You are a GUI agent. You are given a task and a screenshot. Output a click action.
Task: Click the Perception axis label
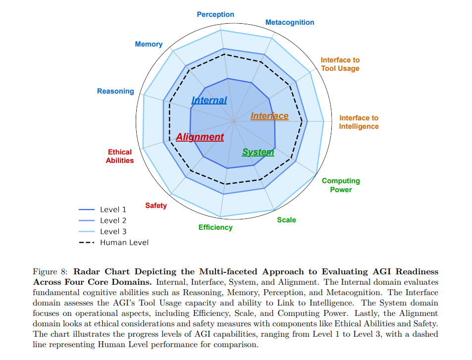[215, 14]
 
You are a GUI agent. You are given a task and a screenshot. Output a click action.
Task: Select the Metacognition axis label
[290, 22]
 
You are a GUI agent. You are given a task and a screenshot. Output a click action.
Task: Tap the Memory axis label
[149, 44]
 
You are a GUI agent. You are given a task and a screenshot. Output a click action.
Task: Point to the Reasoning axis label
[115, 91]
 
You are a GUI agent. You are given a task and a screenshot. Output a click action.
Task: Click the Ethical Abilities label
[119, 156]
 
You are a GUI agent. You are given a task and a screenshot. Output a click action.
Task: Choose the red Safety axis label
[156, 206]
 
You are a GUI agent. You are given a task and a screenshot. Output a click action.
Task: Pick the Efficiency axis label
[215, 227]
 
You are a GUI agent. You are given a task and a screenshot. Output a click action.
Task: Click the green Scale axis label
[286, 220]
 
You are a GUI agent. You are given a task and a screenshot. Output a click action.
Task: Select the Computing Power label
[341, 185]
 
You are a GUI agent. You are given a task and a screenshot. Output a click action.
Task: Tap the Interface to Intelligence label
[359, 122]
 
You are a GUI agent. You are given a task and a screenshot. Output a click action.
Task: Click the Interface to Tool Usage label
[340, 64]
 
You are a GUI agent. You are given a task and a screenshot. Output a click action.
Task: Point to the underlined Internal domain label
[209, 100]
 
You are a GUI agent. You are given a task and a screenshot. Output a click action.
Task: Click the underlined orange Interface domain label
[269, 116]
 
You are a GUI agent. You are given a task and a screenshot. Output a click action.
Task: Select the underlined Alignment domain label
[200, 137]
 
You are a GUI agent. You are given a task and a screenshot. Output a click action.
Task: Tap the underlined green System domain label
[258, 153]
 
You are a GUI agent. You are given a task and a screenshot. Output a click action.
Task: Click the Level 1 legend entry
[103, 209]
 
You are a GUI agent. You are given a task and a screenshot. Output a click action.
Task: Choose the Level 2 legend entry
[103, 221]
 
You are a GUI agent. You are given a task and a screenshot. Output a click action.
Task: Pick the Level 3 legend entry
[103, 231]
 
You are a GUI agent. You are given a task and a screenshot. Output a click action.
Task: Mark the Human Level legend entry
[114, 243]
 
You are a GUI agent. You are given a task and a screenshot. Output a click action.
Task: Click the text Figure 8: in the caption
[51, 271]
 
